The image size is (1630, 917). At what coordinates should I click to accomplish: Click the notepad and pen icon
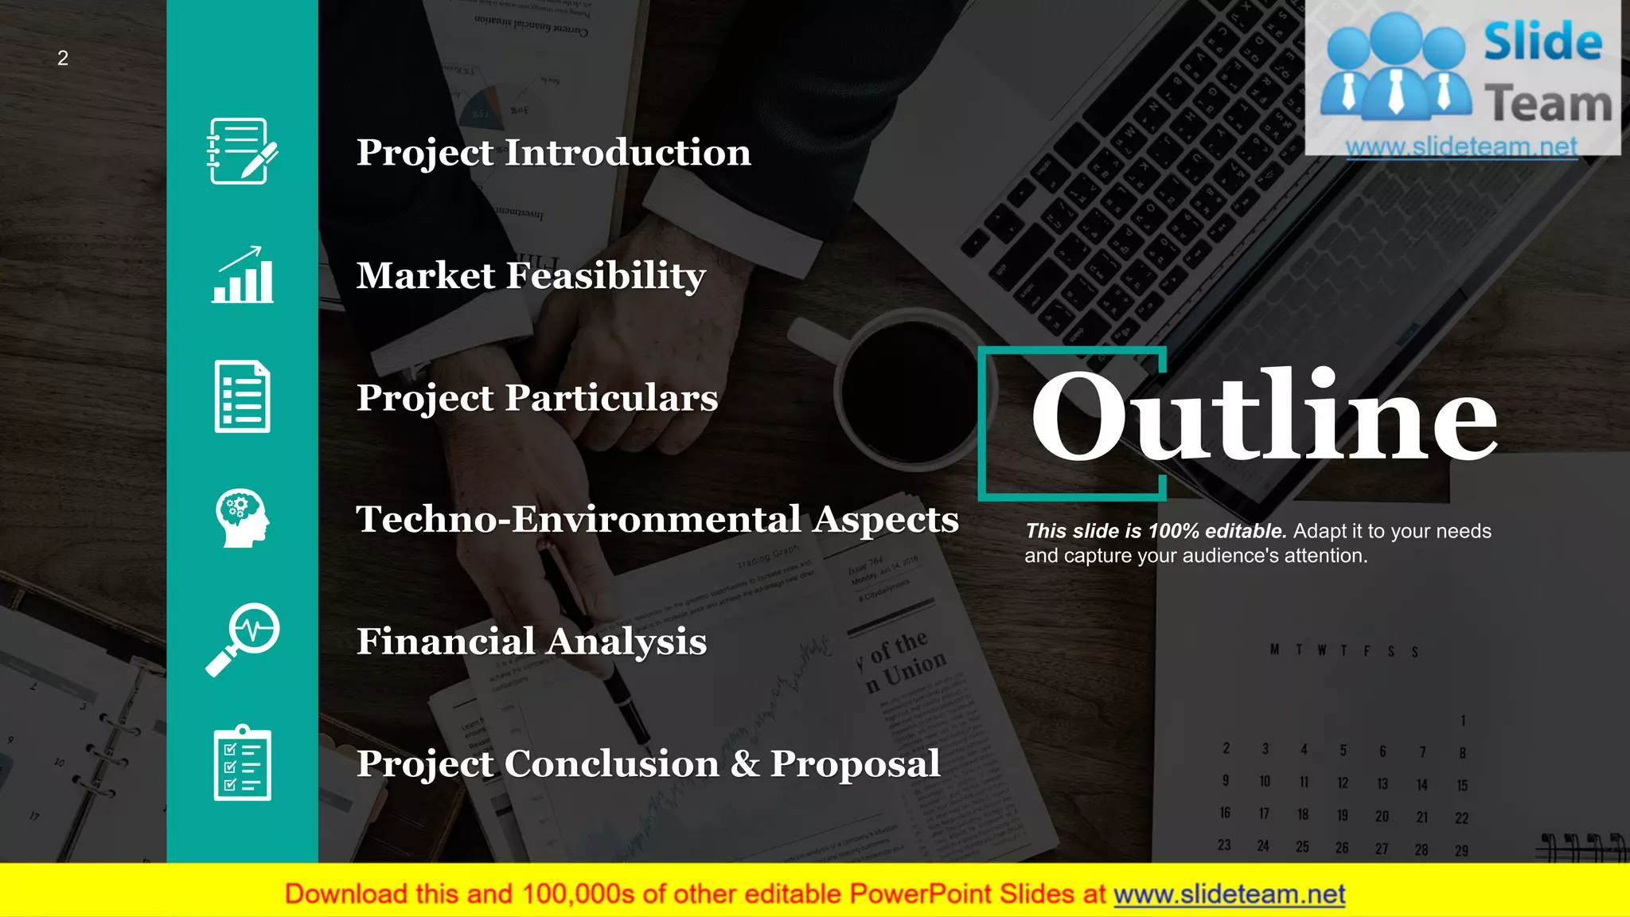(x=242, y=151)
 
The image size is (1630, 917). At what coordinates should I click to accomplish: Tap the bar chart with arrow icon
(x=242, y=275)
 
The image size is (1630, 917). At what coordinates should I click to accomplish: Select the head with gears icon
(x=242, y=518)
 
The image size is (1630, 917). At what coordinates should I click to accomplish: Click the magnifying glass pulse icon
(x=242, y=639)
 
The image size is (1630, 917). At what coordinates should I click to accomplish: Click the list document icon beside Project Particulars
(x=242, y=396)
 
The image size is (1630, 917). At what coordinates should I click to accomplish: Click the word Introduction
(x=627, y=152)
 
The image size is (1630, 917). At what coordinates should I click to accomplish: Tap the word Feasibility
(x=606, y=276)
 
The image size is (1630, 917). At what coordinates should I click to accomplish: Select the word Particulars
(x=611, y=397)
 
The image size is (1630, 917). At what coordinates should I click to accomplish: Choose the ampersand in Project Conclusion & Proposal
(x=745, y=763)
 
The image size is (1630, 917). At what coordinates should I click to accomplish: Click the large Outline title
(x=1263, y=416)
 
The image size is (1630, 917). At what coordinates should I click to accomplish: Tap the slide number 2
(x=63, y=58)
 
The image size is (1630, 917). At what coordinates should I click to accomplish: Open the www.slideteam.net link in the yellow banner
(x=1229, y=895)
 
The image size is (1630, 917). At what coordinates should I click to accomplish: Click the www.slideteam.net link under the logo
(x=1461, y=146)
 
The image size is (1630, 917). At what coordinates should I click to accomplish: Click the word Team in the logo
(x=1547, y=104)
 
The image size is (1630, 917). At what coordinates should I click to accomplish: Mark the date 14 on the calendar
(x=1421, y=785)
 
